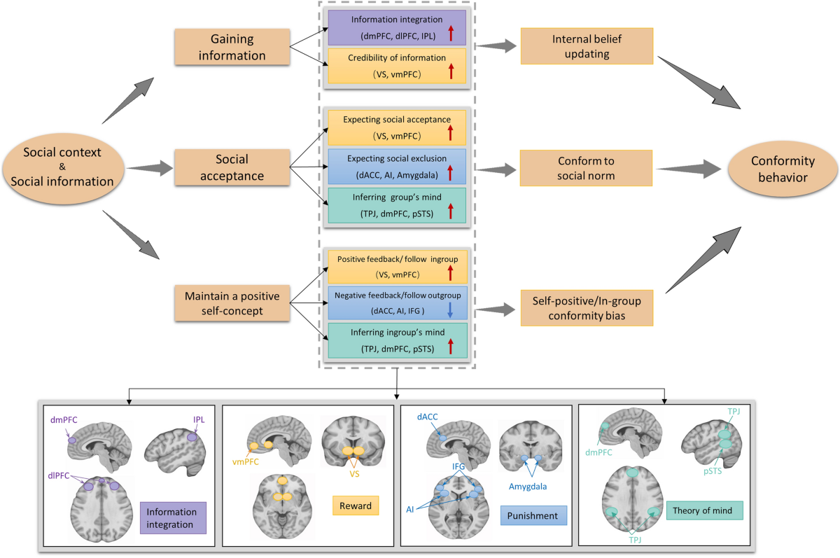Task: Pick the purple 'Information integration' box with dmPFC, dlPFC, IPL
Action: [x=397, y=27]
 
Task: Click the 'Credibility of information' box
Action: [x=397, y=66]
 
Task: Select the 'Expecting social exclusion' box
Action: [x=397, y=166]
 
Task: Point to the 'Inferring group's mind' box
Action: [x=397, y=206]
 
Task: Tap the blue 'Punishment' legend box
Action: [x=533, y=517]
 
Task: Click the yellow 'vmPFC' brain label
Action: [x=242, y=463]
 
